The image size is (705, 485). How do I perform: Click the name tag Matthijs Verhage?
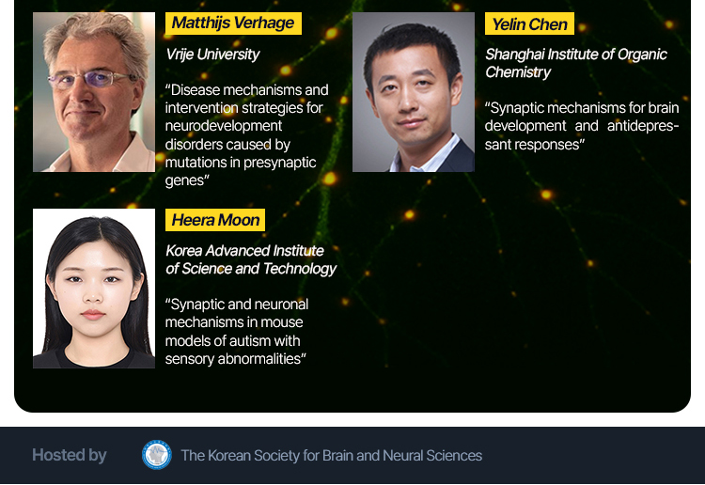(233, 23)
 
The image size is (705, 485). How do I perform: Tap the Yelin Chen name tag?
(529, 23)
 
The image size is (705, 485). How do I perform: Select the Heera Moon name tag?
(215, 220)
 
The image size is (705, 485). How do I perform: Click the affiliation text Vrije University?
(212, 55)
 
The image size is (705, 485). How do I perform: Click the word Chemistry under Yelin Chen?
(518, 72)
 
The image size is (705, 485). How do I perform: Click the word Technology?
(300, 269)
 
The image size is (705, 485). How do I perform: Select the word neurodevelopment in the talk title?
(224, 126)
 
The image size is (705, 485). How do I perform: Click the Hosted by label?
(70, 455)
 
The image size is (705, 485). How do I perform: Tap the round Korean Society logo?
(156, 455)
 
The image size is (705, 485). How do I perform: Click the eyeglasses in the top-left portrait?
(92, 79)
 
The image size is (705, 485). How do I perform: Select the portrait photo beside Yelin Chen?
(414, 92)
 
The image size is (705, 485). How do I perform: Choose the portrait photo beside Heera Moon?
(94, 289)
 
